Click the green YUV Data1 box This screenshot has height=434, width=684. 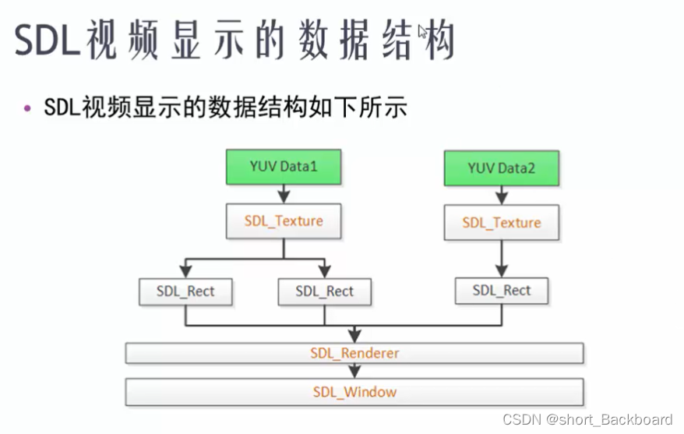click(x=284, y=167)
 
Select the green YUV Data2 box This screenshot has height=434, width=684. click(x=501, y=168)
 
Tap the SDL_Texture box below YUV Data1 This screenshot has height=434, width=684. click(x=284, y=221)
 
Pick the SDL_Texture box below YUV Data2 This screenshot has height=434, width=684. click(x=501, y=223)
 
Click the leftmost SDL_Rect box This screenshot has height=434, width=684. click(x=185, y=292)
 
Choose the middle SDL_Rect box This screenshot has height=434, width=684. click(x=325, y=292)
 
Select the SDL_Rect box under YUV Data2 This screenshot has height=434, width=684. click(x=501, y=291)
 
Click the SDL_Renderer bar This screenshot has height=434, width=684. click(x=354, y=353)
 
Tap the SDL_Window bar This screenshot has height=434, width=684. click(x=354, y=392)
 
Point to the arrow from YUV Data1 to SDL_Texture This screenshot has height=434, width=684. click(x=284, y=194)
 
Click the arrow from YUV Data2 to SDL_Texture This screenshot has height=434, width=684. click(x=501, y=196)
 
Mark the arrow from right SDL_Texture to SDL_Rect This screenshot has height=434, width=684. click(x=501, y=258)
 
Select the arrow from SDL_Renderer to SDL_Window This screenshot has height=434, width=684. click(x=354, y=372)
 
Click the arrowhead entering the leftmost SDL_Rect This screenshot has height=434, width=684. click(x=185, y=272)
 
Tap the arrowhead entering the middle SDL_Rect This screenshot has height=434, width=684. click(x=325, y=272)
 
